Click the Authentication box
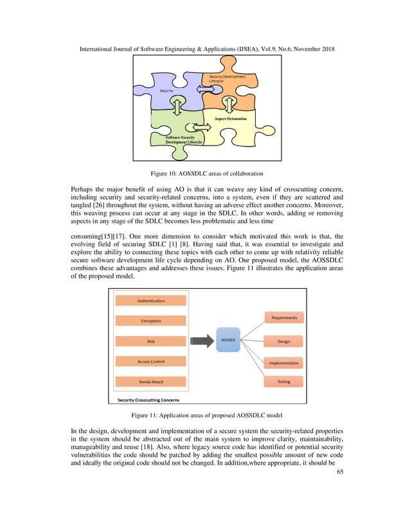151,300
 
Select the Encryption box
151,321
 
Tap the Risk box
151,341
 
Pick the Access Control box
151,361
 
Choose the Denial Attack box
151,382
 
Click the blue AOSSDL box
227,340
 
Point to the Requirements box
283,317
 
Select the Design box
283,341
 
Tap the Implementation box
283,363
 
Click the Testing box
283,382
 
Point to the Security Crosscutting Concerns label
148,400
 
